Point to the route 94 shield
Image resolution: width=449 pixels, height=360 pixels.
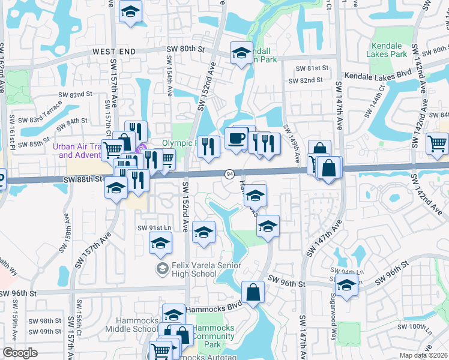point(230,174)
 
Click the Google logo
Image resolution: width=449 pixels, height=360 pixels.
point(20,353)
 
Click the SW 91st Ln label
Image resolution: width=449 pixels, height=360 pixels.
point(154,227)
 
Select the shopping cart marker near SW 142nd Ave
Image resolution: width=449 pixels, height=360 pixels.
point(437,143)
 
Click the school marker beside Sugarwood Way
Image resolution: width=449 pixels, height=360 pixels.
point(347,286)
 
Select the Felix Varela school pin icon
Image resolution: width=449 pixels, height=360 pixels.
point(161,269)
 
